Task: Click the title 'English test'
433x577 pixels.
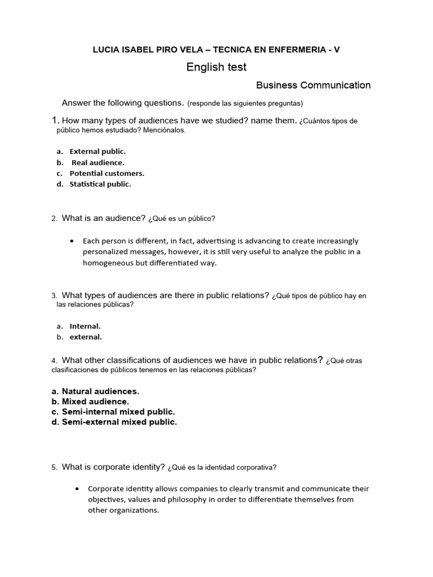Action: [216, 68]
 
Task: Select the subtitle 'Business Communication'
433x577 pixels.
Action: [313, 86]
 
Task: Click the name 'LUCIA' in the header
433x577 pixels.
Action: [106, 50]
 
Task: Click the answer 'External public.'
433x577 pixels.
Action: [98, 152]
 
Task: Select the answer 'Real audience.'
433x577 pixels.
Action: [98, 163]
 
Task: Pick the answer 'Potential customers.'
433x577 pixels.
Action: [107, 174]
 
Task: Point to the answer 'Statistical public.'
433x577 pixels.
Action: [100, 184]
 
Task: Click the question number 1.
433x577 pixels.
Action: [55, 121]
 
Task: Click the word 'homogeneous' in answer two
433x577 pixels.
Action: [105, 263]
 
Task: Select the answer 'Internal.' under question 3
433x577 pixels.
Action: [85, 326]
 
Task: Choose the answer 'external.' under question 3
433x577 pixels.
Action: [86, 338]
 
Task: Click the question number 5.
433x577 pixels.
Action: [54, 468]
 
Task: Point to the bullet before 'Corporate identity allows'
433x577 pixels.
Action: [77, 489]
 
